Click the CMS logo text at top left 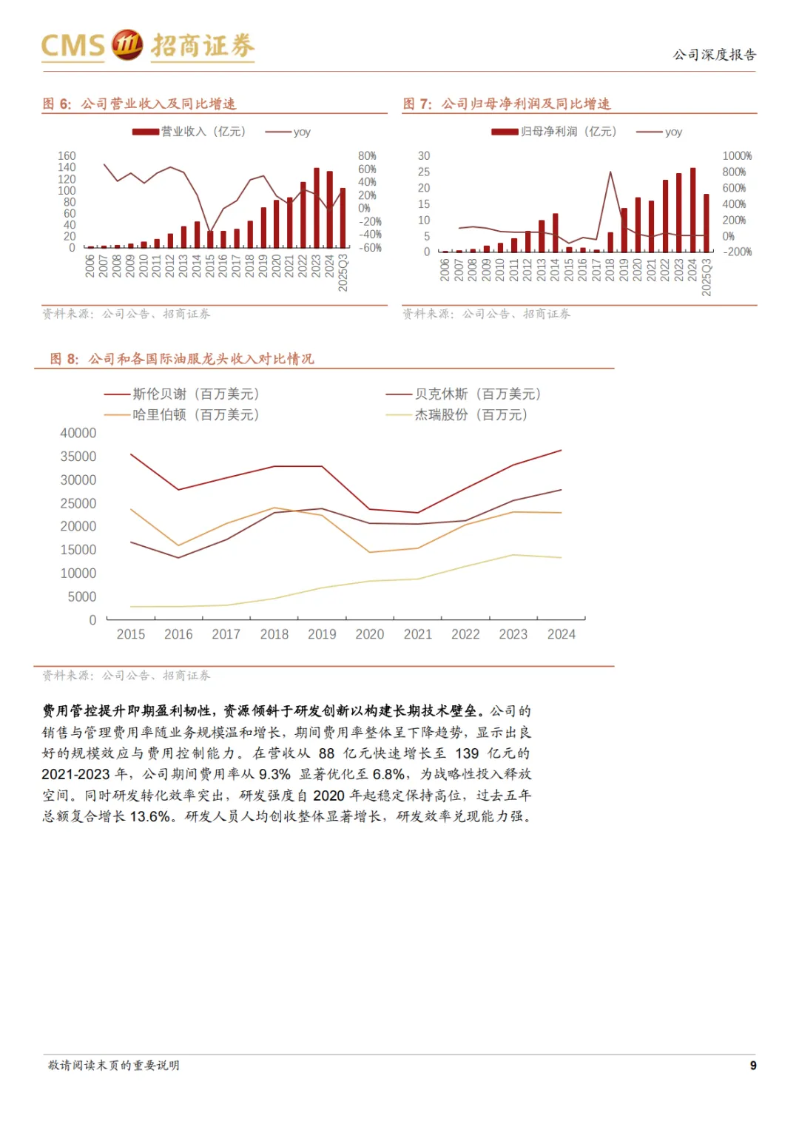(x=73, y=46)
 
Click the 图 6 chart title (x=139, y=104)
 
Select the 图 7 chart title (x=507, y=104)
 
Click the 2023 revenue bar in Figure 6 (x=317, y=209)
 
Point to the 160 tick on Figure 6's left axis (x=67, y=156)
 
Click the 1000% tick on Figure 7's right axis (x=737, y=156)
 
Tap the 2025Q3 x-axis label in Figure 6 (x=343, y=272)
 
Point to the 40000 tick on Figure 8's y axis (x=78, y=433)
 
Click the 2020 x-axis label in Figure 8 (x=370, y=634)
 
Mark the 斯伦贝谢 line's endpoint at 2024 (x=561, y=450)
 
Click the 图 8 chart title (x=182, y=359)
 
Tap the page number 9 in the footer (x=753, y=1066)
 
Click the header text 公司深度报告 (x=715, y=55)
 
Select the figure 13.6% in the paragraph (x=150, y=816)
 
